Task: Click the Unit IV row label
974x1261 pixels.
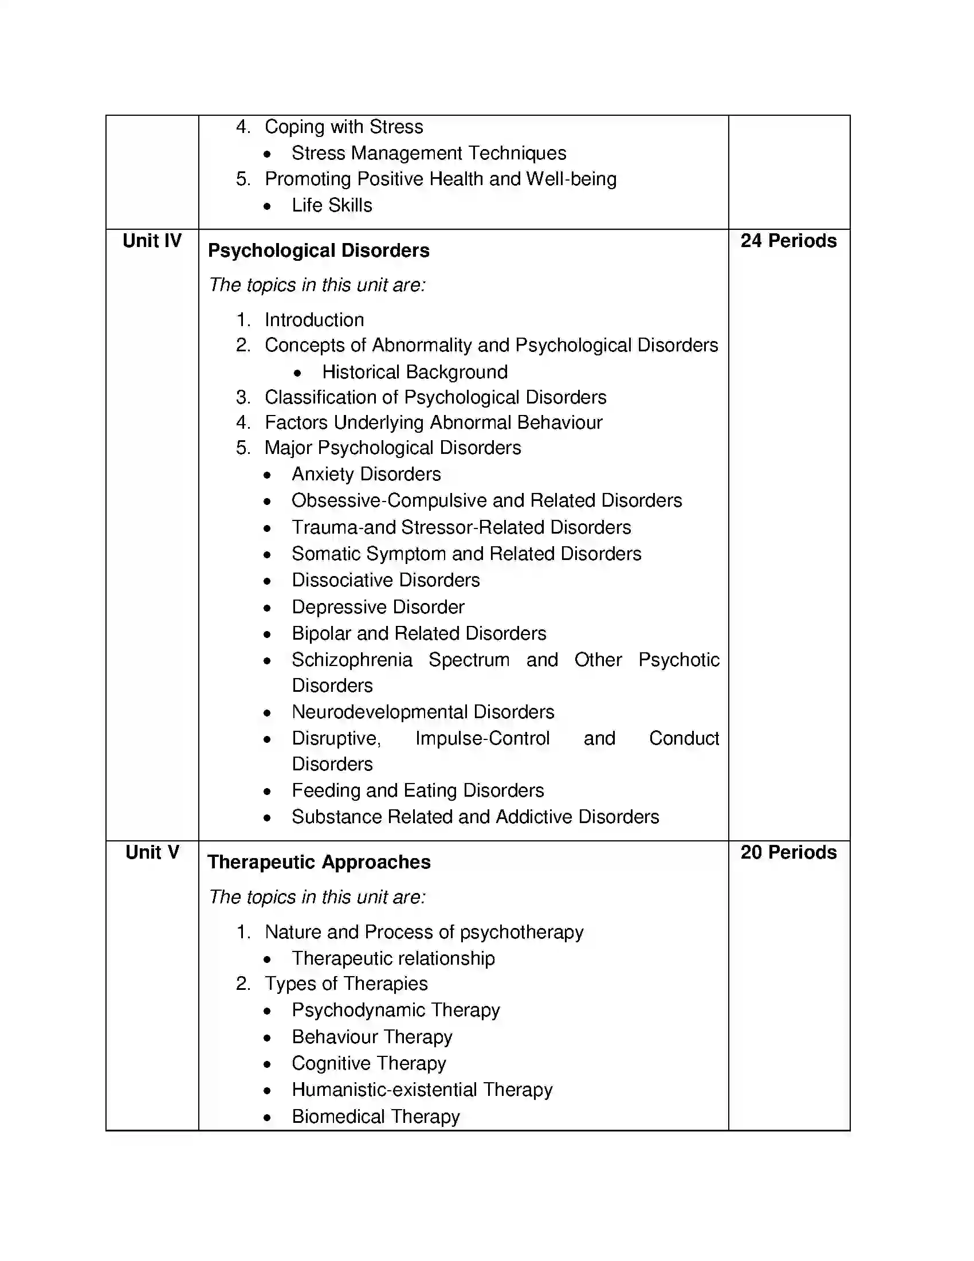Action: [x=152, y=241]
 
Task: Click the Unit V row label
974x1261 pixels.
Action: [x=152, y=852]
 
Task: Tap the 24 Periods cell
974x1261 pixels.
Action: [x=788, y=241]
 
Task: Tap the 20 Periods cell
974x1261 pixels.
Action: [x=788, y=852]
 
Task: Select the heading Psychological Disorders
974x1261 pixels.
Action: [x=319, y=250]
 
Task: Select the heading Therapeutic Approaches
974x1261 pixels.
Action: [x=319, y=862]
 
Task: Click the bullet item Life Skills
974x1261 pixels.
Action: [x=332, y=206]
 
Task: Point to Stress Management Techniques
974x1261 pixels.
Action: [x=429, y=153]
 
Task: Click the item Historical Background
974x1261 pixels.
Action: [x=414, y=372]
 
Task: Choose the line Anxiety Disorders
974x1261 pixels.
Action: [x=366, y=474]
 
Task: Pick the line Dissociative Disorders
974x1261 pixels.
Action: [x=386, y=580]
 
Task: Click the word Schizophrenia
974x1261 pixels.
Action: [x=352, y=660]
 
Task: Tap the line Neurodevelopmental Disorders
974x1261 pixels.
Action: [x=423, y=712]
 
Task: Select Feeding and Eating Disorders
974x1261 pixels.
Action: [x=418, y=790]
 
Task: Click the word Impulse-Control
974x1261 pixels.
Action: [x=482, y=738]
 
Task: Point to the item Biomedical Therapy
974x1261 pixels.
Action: [x=376, y=1117]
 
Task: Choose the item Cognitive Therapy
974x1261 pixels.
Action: [x=369, y=1063]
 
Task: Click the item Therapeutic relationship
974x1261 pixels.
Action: [x=393, y=958]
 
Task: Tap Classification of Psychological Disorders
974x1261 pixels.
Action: [x=435, y=397]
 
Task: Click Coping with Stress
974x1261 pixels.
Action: [x=343, y=127]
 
